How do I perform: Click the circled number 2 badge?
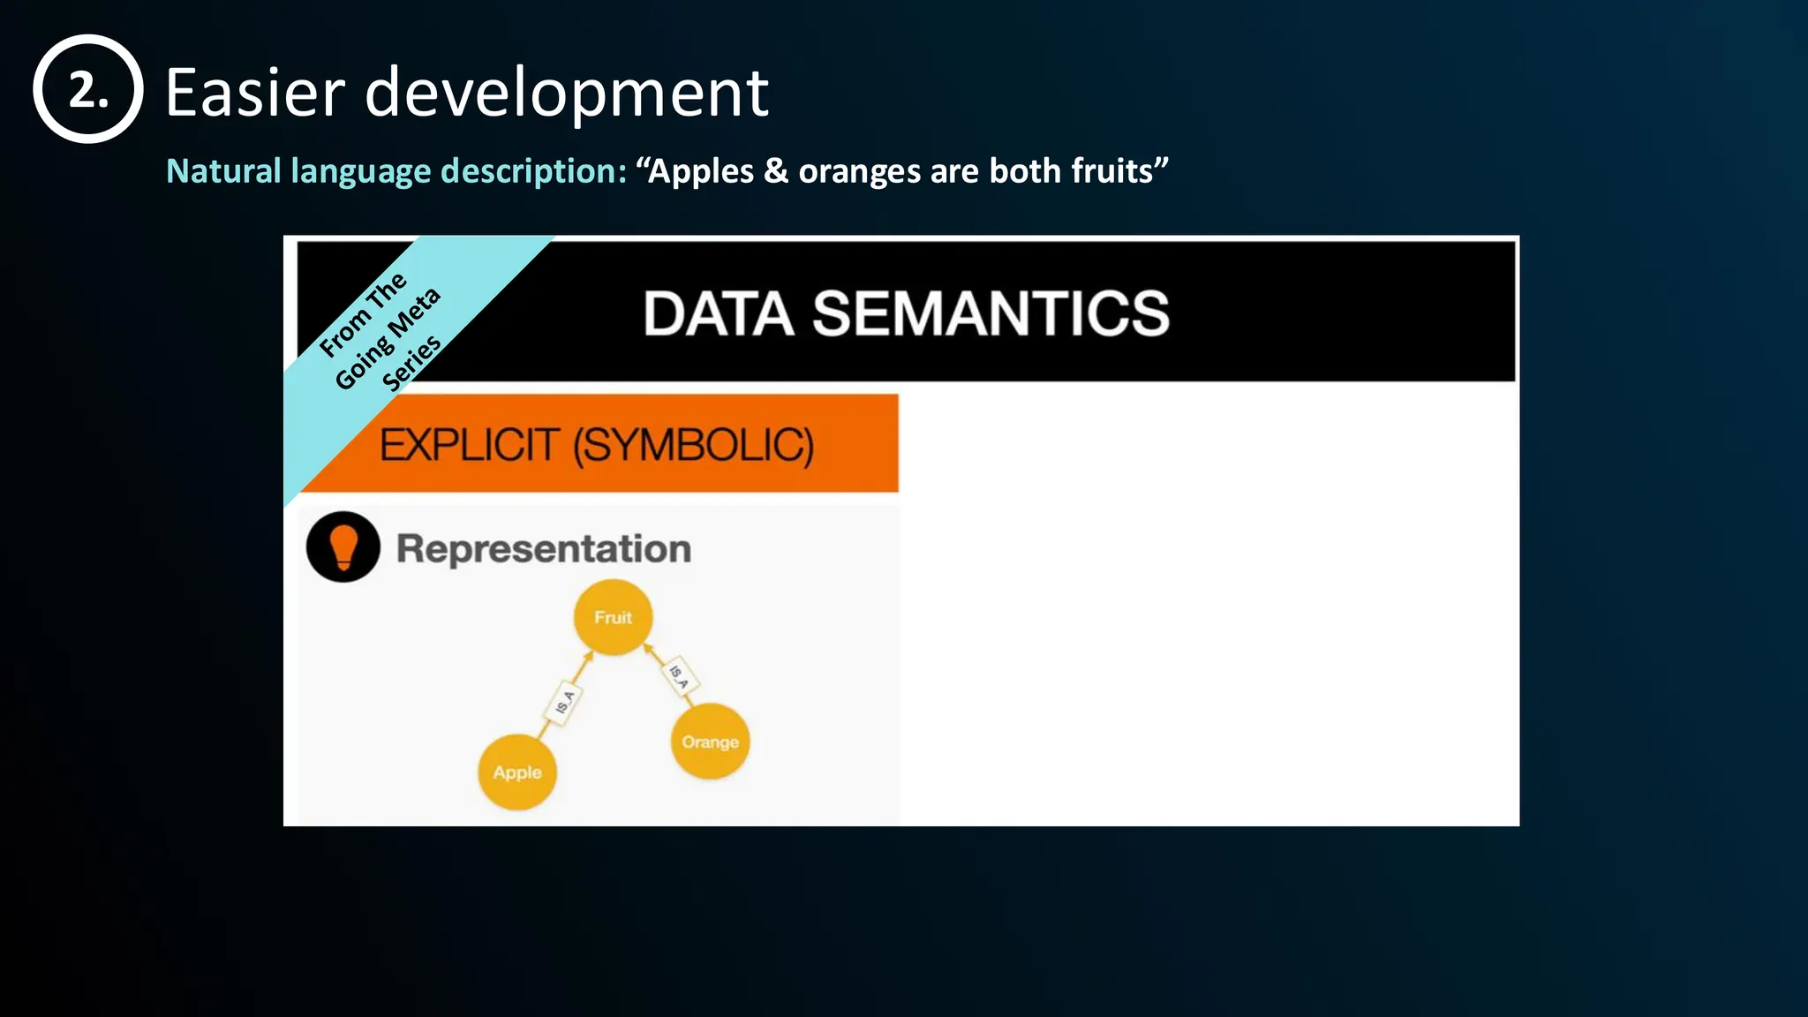pyautogui.click(x=87, y=89)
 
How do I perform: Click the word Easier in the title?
pyautogui.click(x=255, y=93)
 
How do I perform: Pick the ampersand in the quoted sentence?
pyautogui.click(x=776, y=170)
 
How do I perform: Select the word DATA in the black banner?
pyautogui.click(x=719, y=314)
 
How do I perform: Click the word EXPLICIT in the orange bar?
pyautogui.click(x=470, y=445)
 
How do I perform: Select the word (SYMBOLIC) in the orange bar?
pyautogui.click(x=693, y=445)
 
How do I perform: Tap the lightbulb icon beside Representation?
pyautogui.click(x=343, y=546)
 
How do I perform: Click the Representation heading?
pyautogui.click(x=543, y=549)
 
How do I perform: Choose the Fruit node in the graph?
pyautogui.click(x=613, y=617)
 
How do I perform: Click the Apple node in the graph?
pyautogui.click(x=517, y=772)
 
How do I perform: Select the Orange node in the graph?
pyautogui.click(x=710, y=742)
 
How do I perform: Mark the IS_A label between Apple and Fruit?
pyautogui.click(x=565, y=703)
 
